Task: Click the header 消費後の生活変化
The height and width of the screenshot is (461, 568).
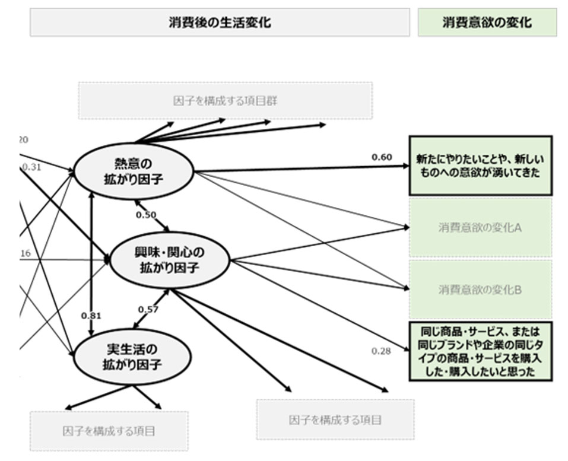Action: (220, 23)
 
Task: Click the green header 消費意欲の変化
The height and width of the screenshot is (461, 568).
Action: (487, 23)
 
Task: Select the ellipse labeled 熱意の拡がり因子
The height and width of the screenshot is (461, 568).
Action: (134, 170)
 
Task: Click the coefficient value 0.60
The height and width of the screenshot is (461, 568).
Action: (382, 157)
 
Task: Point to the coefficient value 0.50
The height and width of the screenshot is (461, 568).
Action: (145, 215)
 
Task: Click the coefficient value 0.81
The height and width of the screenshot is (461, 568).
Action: (91, 316)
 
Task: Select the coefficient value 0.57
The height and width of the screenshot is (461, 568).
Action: (148, 309)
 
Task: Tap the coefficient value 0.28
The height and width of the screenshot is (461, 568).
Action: (382, 351)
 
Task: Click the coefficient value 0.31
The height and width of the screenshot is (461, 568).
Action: (31, 167)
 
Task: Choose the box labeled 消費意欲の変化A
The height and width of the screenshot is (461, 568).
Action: (480, 227)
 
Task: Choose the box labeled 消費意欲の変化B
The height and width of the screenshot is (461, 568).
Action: (480, 290)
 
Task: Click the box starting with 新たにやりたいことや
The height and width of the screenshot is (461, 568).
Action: (480, 165)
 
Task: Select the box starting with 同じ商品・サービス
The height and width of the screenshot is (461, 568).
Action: (480, 351)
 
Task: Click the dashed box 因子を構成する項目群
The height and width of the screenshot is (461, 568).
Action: (226, 100)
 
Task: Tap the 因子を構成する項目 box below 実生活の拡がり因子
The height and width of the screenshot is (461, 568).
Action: (109, 431)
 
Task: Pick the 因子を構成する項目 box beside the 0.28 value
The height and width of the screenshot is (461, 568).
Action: (335, 419)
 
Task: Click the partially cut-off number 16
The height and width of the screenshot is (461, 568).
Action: (25, 253)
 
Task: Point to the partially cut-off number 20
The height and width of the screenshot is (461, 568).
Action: (24, 140)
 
